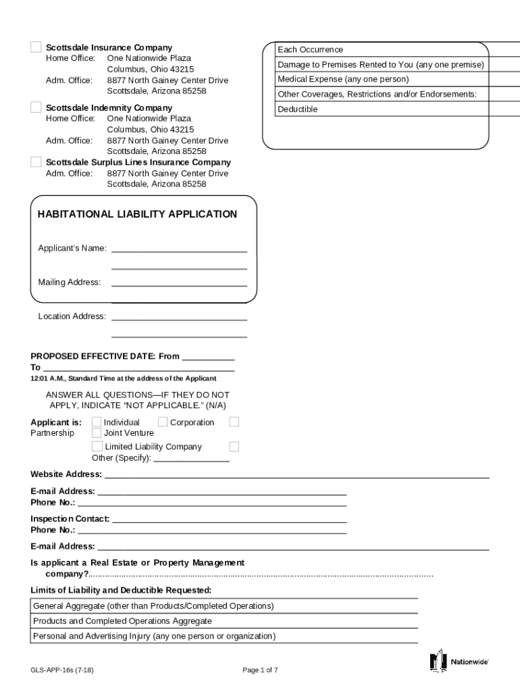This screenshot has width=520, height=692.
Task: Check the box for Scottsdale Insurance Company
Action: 36,47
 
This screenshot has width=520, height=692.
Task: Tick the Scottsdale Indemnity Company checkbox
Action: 36,107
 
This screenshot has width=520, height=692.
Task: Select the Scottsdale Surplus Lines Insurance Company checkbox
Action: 36,162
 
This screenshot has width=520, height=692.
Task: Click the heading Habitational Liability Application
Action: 137,214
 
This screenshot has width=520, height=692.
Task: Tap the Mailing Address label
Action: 69,282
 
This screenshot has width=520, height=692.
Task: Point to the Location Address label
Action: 72,316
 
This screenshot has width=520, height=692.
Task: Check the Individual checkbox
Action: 97,422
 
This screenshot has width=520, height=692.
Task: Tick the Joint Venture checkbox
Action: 97,433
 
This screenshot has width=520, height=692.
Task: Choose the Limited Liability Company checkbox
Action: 97,447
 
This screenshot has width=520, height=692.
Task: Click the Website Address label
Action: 66,474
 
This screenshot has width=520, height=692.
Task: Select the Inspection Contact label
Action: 70,519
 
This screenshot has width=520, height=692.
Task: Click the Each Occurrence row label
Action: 311,49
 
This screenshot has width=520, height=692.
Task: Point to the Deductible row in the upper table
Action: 298,109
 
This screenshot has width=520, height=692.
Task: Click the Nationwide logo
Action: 459,662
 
